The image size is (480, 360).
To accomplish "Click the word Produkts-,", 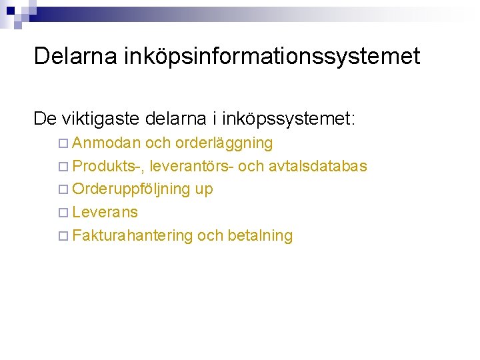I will [x=108, y=166].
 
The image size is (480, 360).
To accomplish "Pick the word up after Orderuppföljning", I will [x=204, y=190].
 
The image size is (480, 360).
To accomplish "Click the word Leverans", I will [x=105, y=212].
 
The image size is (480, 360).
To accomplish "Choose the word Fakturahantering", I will [x=133, y=235].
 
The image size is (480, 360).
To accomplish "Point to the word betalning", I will [x=260, y=235].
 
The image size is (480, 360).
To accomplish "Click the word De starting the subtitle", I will [x=45, y=119].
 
